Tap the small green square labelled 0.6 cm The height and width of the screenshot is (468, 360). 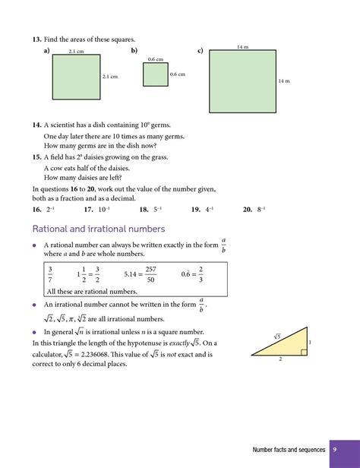(155, 74)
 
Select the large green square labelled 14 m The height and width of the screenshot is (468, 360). (242, 81)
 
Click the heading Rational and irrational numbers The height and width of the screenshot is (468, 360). (99, 229)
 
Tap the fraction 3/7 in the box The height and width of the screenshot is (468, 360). (50, 274)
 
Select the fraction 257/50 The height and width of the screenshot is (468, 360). (150, 274)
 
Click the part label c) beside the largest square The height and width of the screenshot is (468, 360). (201, 51)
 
